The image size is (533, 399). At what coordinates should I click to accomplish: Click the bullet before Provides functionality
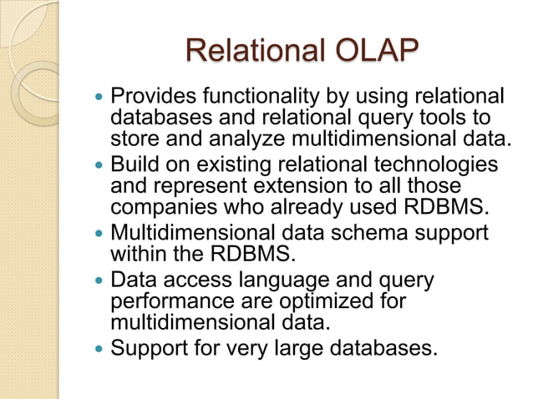100,98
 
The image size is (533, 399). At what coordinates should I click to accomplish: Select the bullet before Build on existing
100,165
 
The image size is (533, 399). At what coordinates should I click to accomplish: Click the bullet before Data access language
100,280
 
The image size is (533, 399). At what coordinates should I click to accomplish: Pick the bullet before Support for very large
100,348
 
